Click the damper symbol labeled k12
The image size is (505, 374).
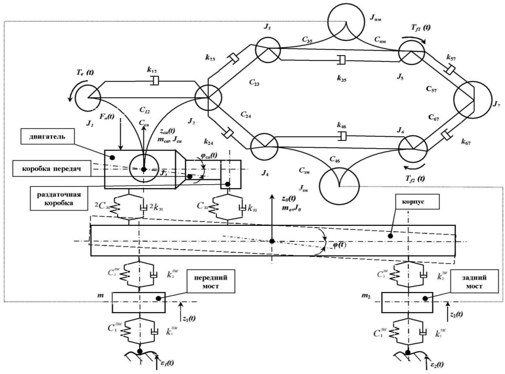point(155,80)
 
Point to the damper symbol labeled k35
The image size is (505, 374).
point(338,61)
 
